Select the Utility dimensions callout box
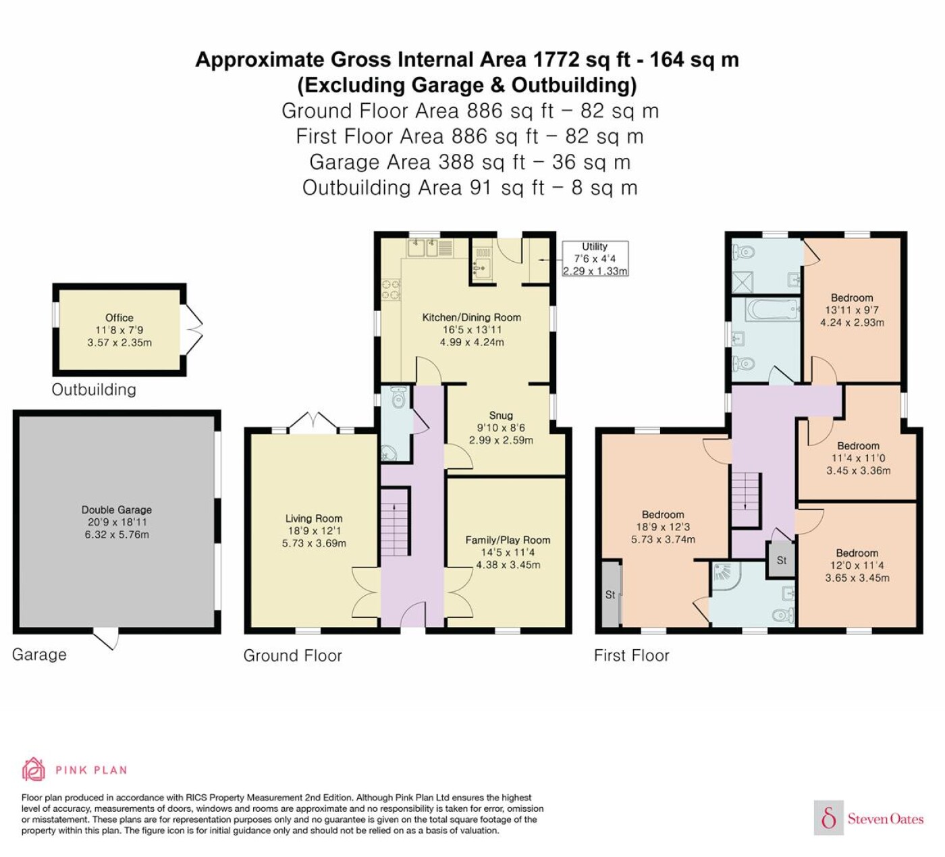[595, 258]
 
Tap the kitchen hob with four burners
[391, 289]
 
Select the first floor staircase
[745, 499]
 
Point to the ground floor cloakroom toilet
[398, 397]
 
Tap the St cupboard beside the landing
[782, 560]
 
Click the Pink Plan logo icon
[34, 769]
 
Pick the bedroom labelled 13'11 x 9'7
[852, 310]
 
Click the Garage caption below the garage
[39, 655]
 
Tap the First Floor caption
[631, 655]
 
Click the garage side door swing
[105, 639]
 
